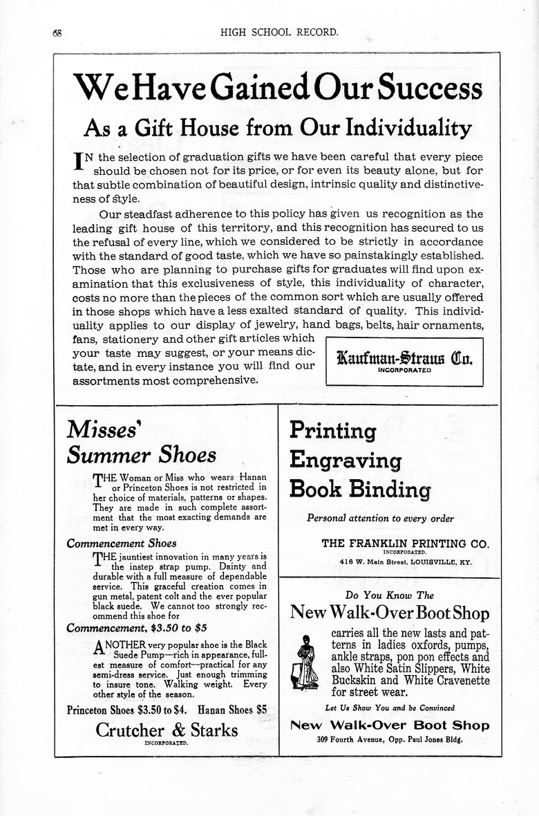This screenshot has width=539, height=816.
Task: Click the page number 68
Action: [x=57, y=33]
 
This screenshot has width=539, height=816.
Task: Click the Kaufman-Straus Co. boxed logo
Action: [x=404, y=360]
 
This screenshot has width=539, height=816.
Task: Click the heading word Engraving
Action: [x=345, y=460]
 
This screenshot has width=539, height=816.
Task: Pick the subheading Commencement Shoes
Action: [x=122, y=543]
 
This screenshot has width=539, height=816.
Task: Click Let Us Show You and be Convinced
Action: [x=389, y=707]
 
